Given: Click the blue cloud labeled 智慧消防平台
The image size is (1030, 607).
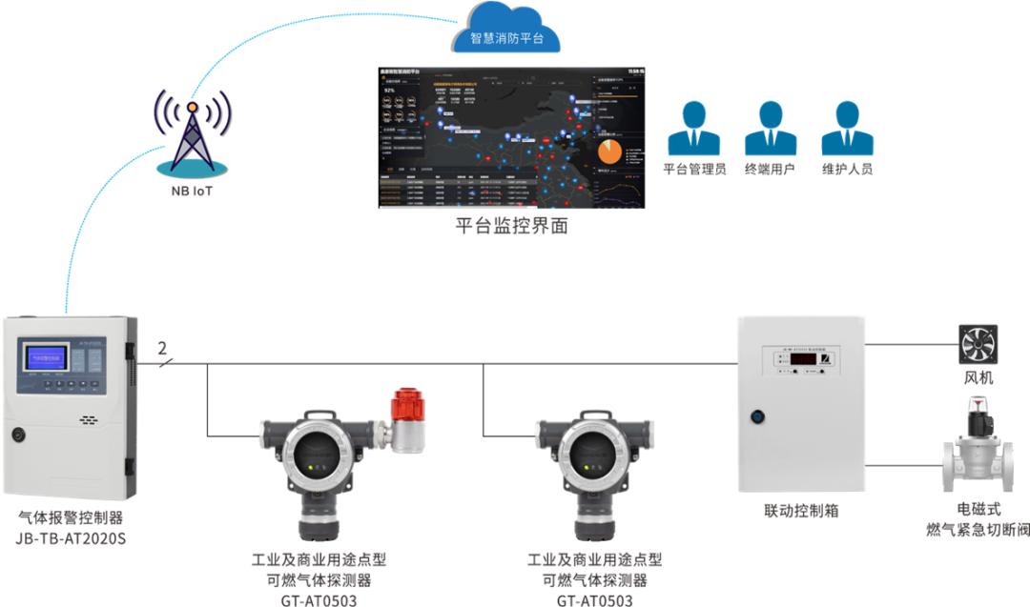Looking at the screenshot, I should pos(508,31).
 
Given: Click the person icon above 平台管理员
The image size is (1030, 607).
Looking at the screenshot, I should pos(694,129).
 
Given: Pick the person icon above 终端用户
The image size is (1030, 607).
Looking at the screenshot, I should pos(770,129).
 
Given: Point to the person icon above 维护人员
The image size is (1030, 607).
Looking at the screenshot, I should pos(847,129).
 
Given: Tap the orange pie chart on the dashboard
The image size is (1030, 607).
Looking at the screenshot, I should pos(609,151).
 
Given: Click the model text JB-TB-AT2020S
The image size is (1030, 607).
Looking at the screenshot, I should pos(71,539).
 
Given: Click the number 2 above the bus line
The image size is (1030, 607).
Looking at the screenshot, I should pos(162,348).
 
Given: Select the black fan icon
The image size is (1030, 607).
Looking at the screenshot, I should pos(978,345).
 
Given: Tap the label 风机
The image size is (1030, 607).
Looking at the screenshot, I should pos(978,378).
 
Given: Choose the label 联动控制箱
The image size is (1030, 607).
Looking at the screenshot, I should pos(801,511).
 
